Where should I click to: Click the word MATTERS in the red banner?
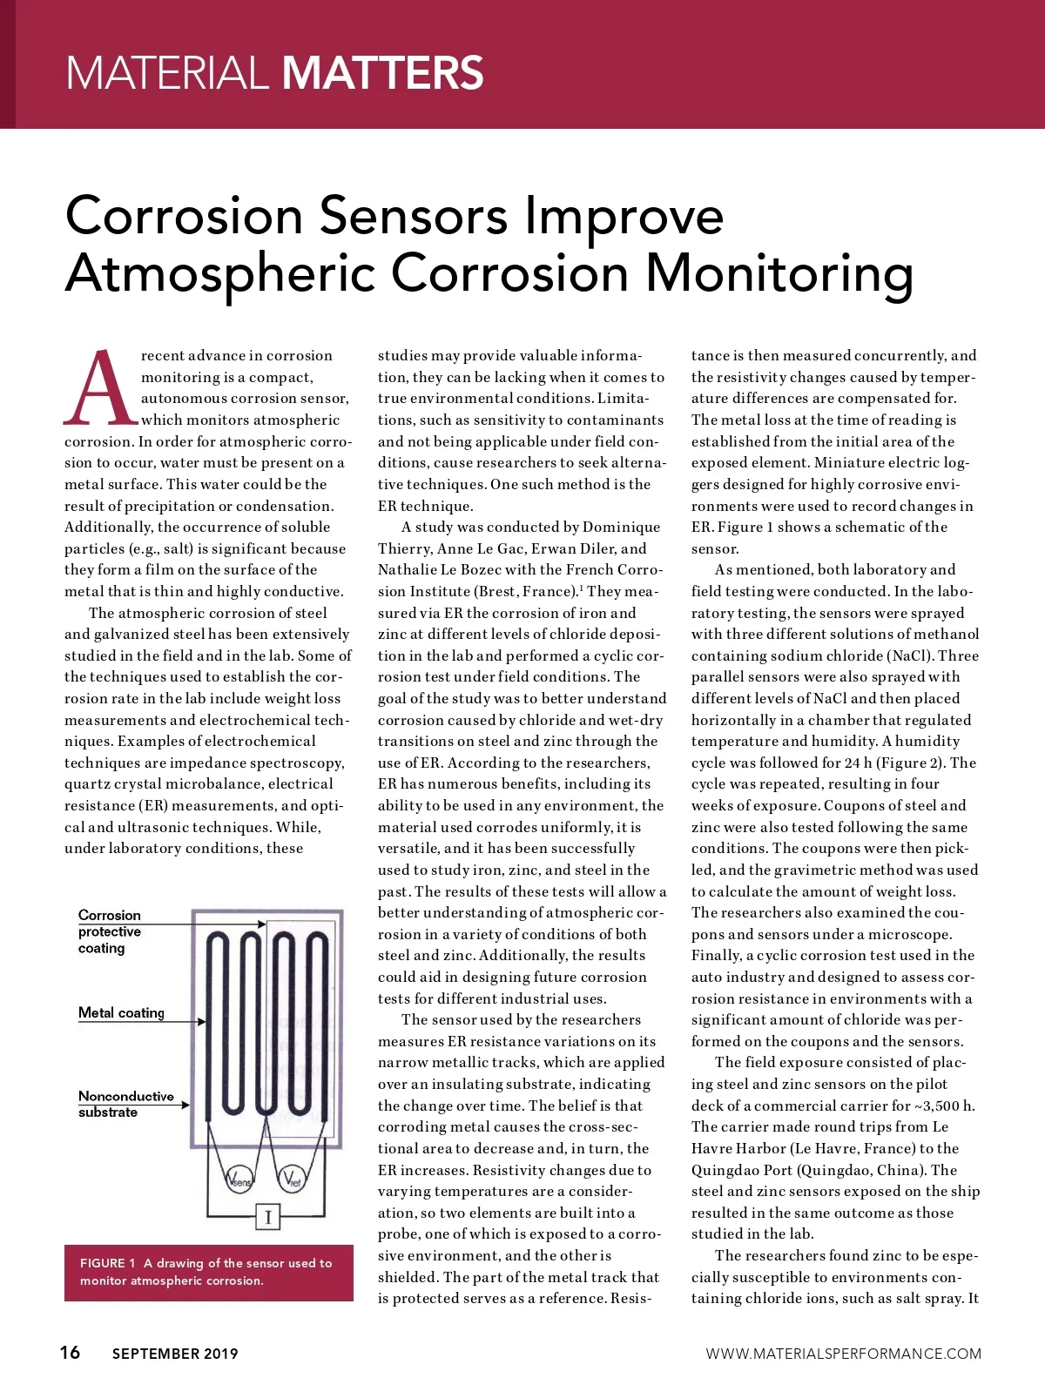click(x=383, y=72)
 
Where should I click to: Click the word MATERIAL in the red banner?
click(x=166, y=72)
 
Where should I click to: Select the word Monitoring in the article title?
click(x=779, y=275)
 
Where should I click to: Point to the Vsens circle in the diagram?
click(x=239, y=1180)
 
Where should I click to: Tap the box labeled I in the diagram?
click(x=267, y=1217)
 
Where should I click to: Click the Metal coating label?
click(x=121, y=1013)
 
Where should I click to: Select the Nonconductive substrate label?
click(x=125, y=1104)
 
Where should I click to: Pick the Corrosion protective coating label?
click(x=110, y=931)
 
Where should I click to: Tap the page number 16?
click(x=70, y=1352)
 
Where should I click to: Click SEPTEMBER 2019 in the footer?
click(x=175, y=1354)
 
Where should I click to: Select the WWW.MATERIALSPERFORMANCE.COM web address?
click(x=843, y=1354)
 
